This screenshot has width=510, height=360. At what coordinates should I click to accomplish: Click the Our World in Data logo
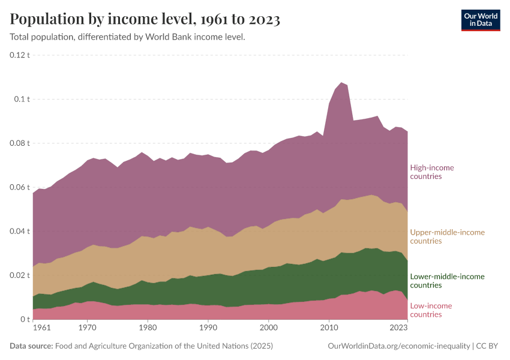[x=480, y=20]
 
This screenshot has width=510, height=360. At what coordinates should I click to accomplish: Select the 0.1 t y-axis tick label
[x=23, y=99]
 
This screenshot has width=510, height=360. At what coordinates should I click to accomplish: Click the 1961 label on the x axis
[x=41, y=328]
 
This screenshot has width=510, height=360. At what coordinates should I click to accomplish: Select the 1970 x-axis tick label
[x=88, y=328]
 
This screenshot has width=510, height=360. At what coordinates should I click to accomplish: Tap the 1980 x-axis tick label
[x=148, y=328]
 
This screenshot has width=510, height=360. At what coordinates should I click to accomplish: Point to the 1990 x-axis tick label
[x=208, y=328]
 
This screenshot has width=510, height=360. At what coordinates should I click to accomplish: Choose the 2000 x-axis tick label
[x=269, y=328]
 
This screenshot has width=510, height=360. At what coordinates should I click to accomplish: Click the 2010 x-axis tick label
[x=329, y=328]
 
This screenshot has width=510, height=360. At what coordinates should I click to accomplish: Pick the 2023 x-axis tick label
[x=398, y=328]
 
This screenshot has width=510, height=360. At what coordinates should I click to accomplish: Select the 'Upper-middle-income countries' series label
[x=447, y=236]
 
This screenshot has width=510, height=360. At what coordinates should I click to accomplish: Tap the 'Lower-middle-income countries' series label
[x=447, y=281]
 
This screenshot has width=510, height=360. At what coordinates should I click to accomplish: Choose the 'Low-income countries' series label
[x=431, y=310]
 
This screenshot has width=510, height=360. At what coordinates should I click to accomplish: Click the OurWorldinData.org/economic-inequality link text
[x=399, y=346]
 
